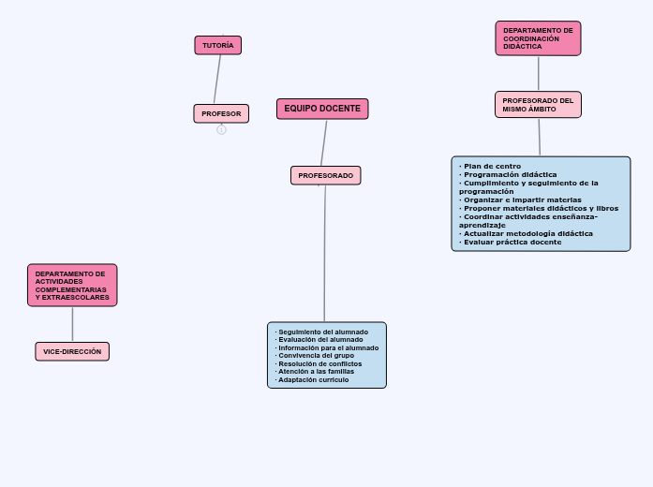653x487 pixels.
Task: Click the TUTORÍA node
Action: coord(217,45)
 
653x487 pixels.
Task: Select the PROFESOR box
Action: coord(221,113)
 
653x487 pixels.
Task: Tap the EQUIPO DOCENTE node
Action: coord(322,109)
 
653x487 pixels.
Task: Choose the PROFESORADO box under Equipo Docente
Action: coord(325,175)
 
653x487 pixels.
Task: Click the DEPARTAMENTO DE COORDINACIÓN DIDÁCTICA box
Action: coord(538,38)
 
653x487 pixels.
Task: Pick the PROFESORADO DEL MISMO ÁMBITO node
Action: coord(538,104)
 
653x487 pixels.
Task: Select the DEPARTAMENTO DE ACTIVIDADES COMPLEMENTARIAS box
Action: coord(72,285)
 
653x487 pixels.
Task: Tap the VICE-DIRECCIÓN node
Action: coord(72,351)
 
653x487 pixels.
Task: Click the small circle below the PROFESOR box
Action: coord(221,130)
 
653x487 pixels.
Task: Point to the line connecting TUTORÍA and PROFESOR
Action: coord(217,80)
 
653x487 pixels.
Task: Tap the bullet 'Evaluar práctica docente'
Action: coord(512,242)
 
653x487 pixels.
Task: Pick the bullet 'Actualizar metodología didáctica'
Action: coord(528,233)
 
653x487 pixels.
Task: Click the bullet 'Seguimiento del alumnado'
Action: coord(323,332)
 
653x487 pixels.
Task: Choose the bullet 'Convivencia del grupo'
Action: coord(317,356)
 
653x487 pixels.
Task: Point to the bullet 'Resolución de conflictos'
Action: coord(320,363)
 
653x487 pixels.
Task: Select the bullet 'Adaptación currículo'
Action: coord(314,379)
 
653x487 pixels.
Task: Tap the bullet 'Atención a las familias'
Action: coord(317,371)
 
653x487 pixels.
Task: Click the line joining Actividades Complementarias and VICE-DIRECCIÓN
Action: coord(72,324)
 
